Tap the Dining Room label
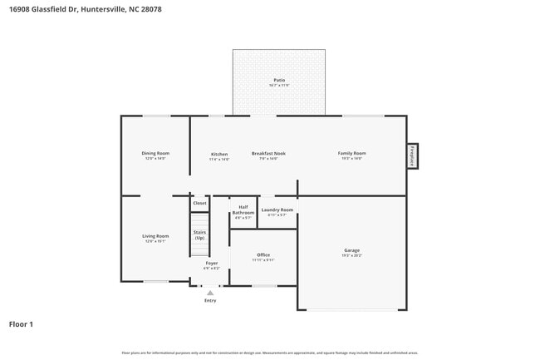[x=155, y=154]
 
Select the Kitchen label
[x=219, y=155]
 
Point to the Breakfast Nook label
[x=268, y=154]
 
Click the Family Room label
[x=351, y=154]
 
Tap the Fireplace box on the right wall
[x=412, y=155]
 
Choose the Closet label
[x=199, y=203]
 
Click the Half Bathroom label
[x=243, y=210]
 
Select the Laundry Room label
[x=277, y=210]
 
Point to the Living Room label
[x=155, y=236]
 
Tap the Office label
[x=263, y=255]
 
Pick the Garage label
[x=351, y=250]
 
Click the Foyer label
[x=212, y=264]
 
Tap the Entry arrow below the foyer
[x=210, y=293]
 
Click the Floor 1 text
[x=21, y=323]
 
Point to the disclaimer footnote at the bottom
[x=269, y=353]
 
